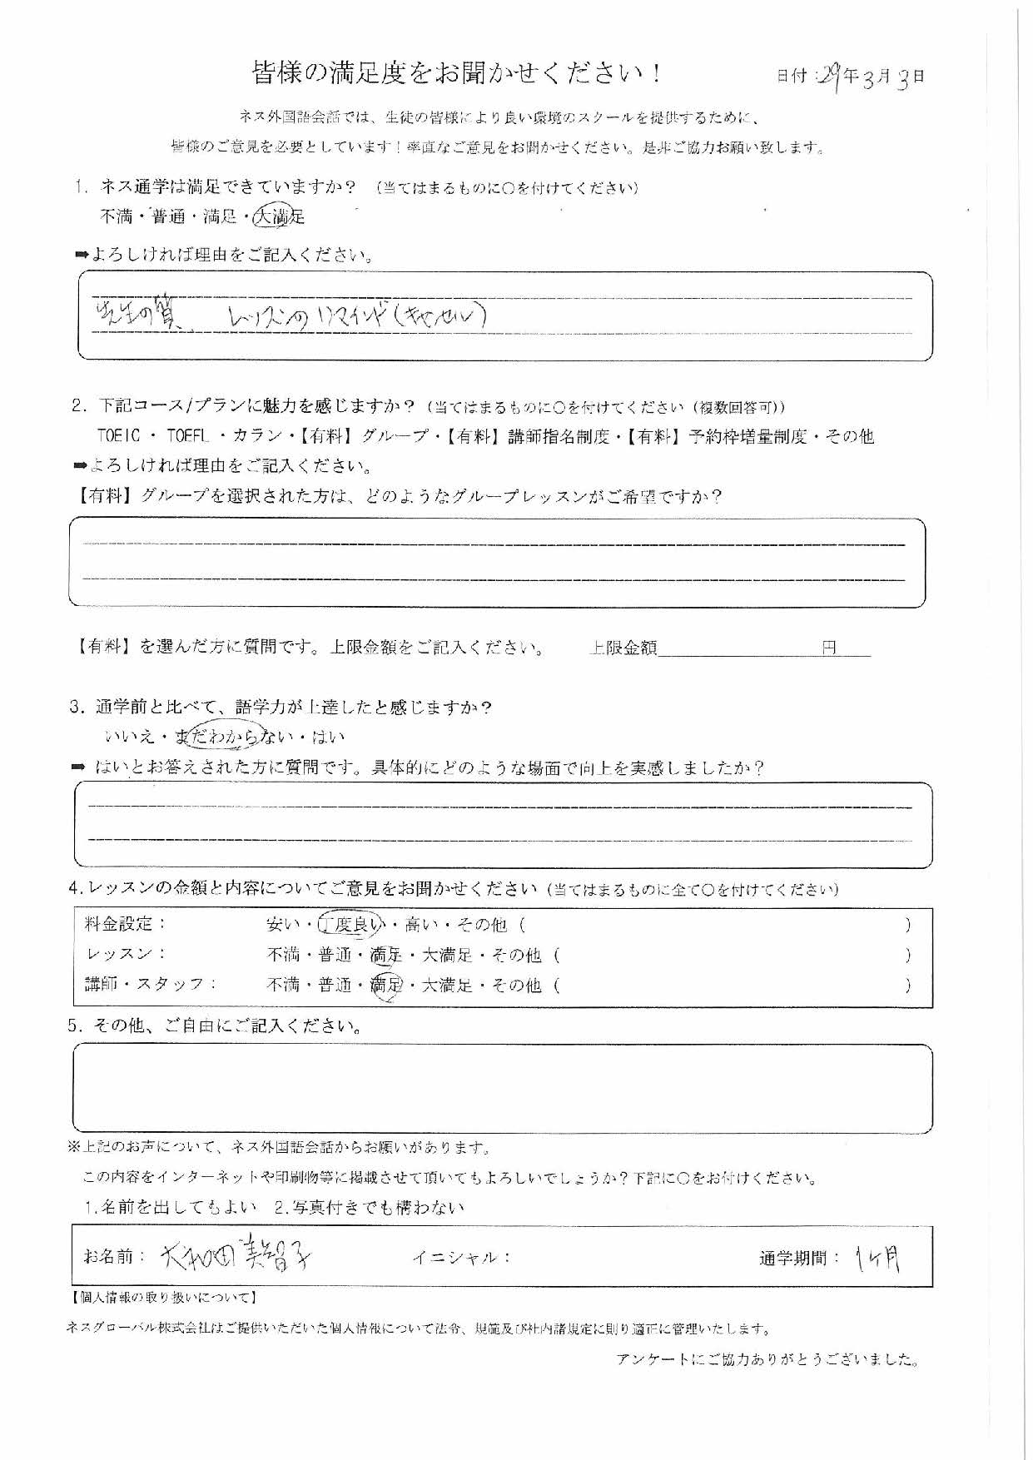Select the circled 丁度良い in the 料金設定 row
click(x=355, y=924)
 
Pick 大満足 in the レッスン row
click(x=447, y=955)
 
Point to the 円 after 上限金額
click(x=829, y=648)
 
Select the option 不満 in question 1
click(x=116, y=217)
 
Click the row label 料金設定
click(x=125, y=924)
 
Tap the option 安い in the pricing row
click(x=280, y=924)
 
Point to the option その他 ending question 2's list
click(x=849, y=436)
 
